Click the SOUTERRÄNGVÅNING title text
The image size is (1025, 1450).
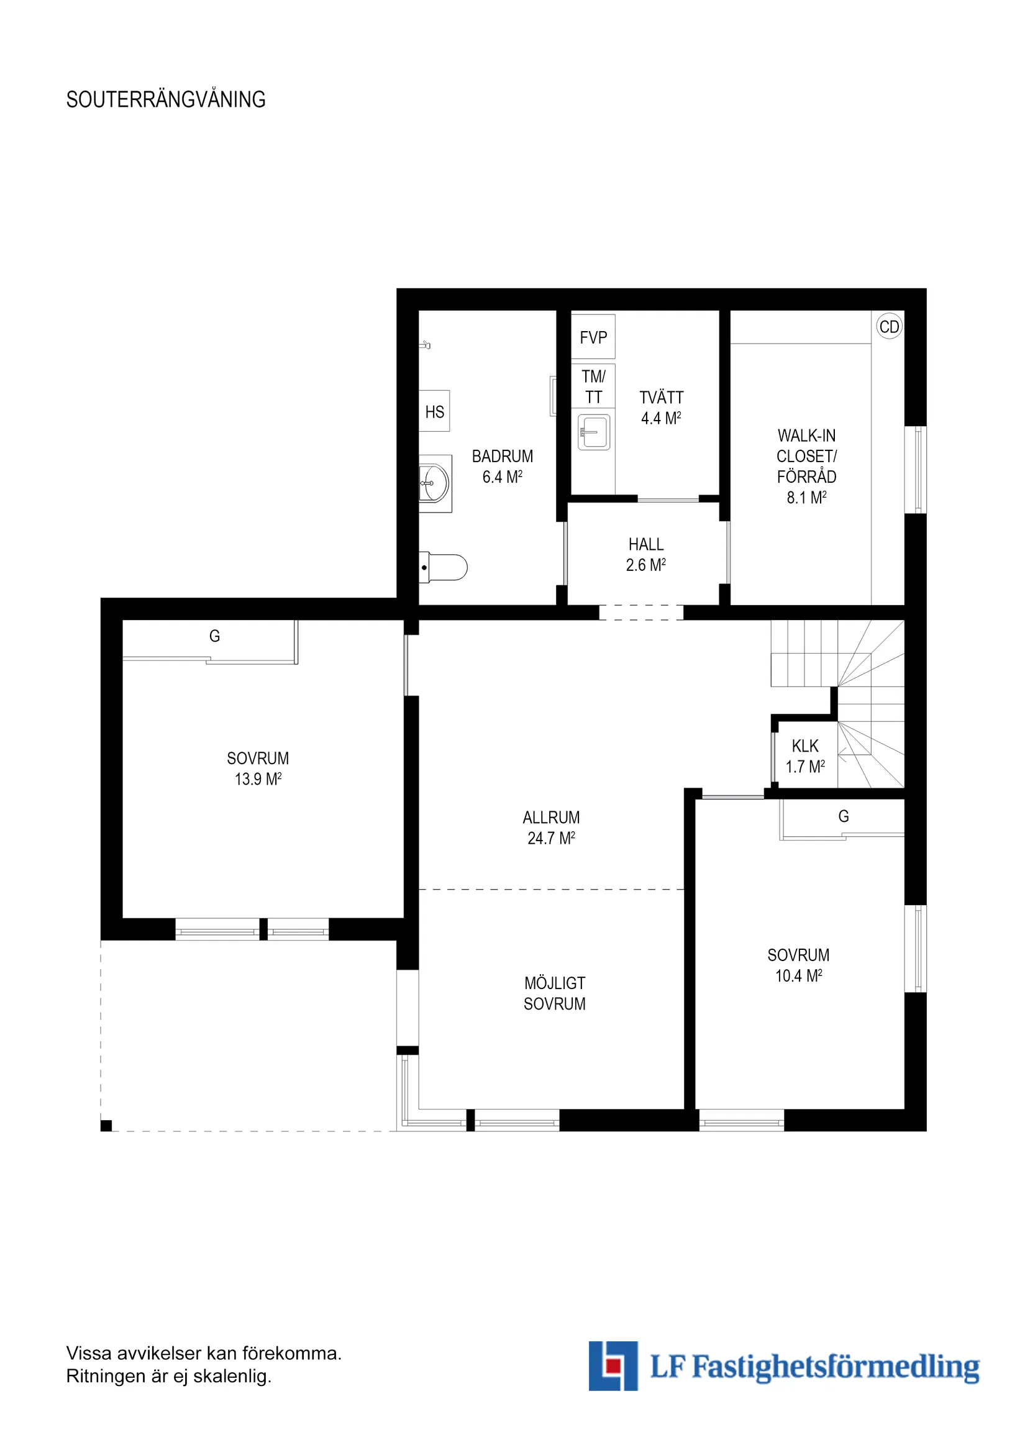coord(165,100)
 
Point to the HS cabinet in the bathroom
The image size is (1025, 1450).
coord(434,412)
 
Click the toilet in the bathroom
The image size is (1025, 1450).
coord(444,567)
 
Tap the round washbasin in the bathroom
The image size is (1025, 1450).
coord(434,483)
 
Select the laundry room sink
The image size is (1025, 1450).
coord(594,432)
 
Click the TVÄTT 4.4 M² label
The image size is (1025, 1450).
coord(660,408)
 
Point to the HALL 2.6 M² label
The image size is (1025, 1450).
coord(645,554)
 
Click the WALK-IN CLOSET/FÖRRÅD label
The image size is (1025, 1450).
coord(806,466)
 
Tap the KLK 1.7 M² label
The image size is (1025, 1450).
coord(804,756)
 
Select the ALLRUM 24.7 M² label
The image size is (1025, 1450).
coord(551,828)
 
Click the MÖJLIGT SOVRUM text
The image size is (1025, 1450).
coord(554,993)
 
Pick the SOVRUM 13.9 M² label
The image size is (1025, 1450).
coord(258,768)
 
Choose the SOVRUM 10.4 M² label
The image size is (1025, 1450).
coord(798,965)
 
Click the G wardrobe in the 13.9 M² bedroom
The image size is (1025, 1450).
coord(214,637)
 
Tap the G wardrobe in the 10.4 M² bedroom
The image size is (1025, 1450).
coord(842,817)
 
